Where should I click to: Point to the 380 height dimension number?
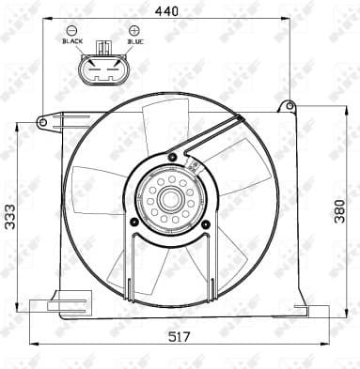tap(339, 214)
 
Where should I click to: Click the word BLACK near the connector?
tap(71, 41)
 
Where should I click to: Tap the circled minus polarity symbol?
tap(71, 30)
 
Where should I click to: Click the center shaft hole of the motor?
tap(170, 198)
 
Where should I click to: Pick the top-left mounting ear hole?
tap(43, 121)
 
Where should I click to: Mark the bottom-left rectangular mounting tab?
tap(43, 304)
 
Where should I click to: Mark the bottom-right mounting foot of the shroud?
tap(301, 309)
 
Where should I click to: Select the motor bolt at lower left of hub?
tap(134, 222)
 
